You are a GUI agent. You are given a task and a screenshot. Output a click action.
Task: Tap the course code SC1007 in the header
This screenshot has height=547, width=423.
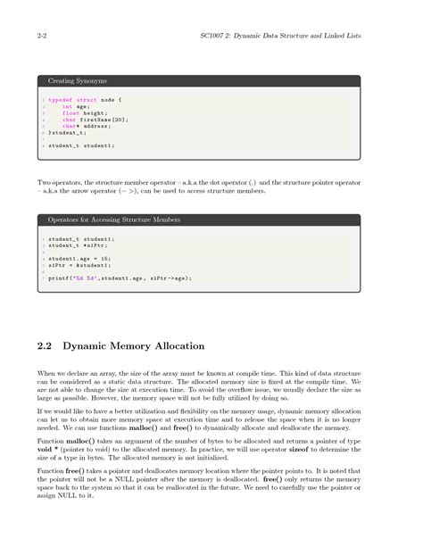coord(216,37)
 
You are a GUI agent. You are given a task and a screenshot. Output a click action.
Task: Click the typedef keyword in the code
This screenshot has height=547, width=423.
coord(61,100)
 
